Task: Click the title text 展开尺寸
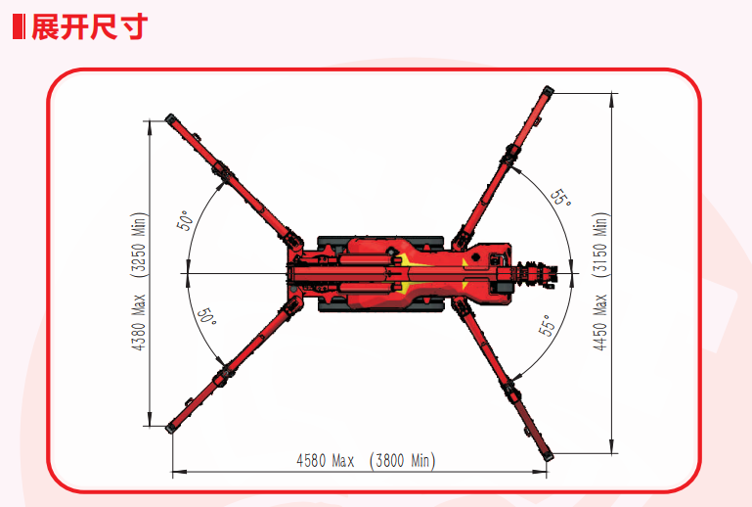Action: click(90, 26)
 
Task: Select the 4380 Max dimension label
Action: click(139, 320)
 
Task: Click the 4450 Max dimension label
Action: click(600, 321)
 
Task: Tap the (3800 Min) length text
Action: click(403, 460)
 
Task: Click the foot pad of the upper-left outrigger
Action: click(173, 120)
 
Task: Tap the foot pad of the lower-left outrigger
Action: click(174, 425)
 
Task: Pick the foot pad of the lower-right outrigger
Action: click(546, 451)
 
